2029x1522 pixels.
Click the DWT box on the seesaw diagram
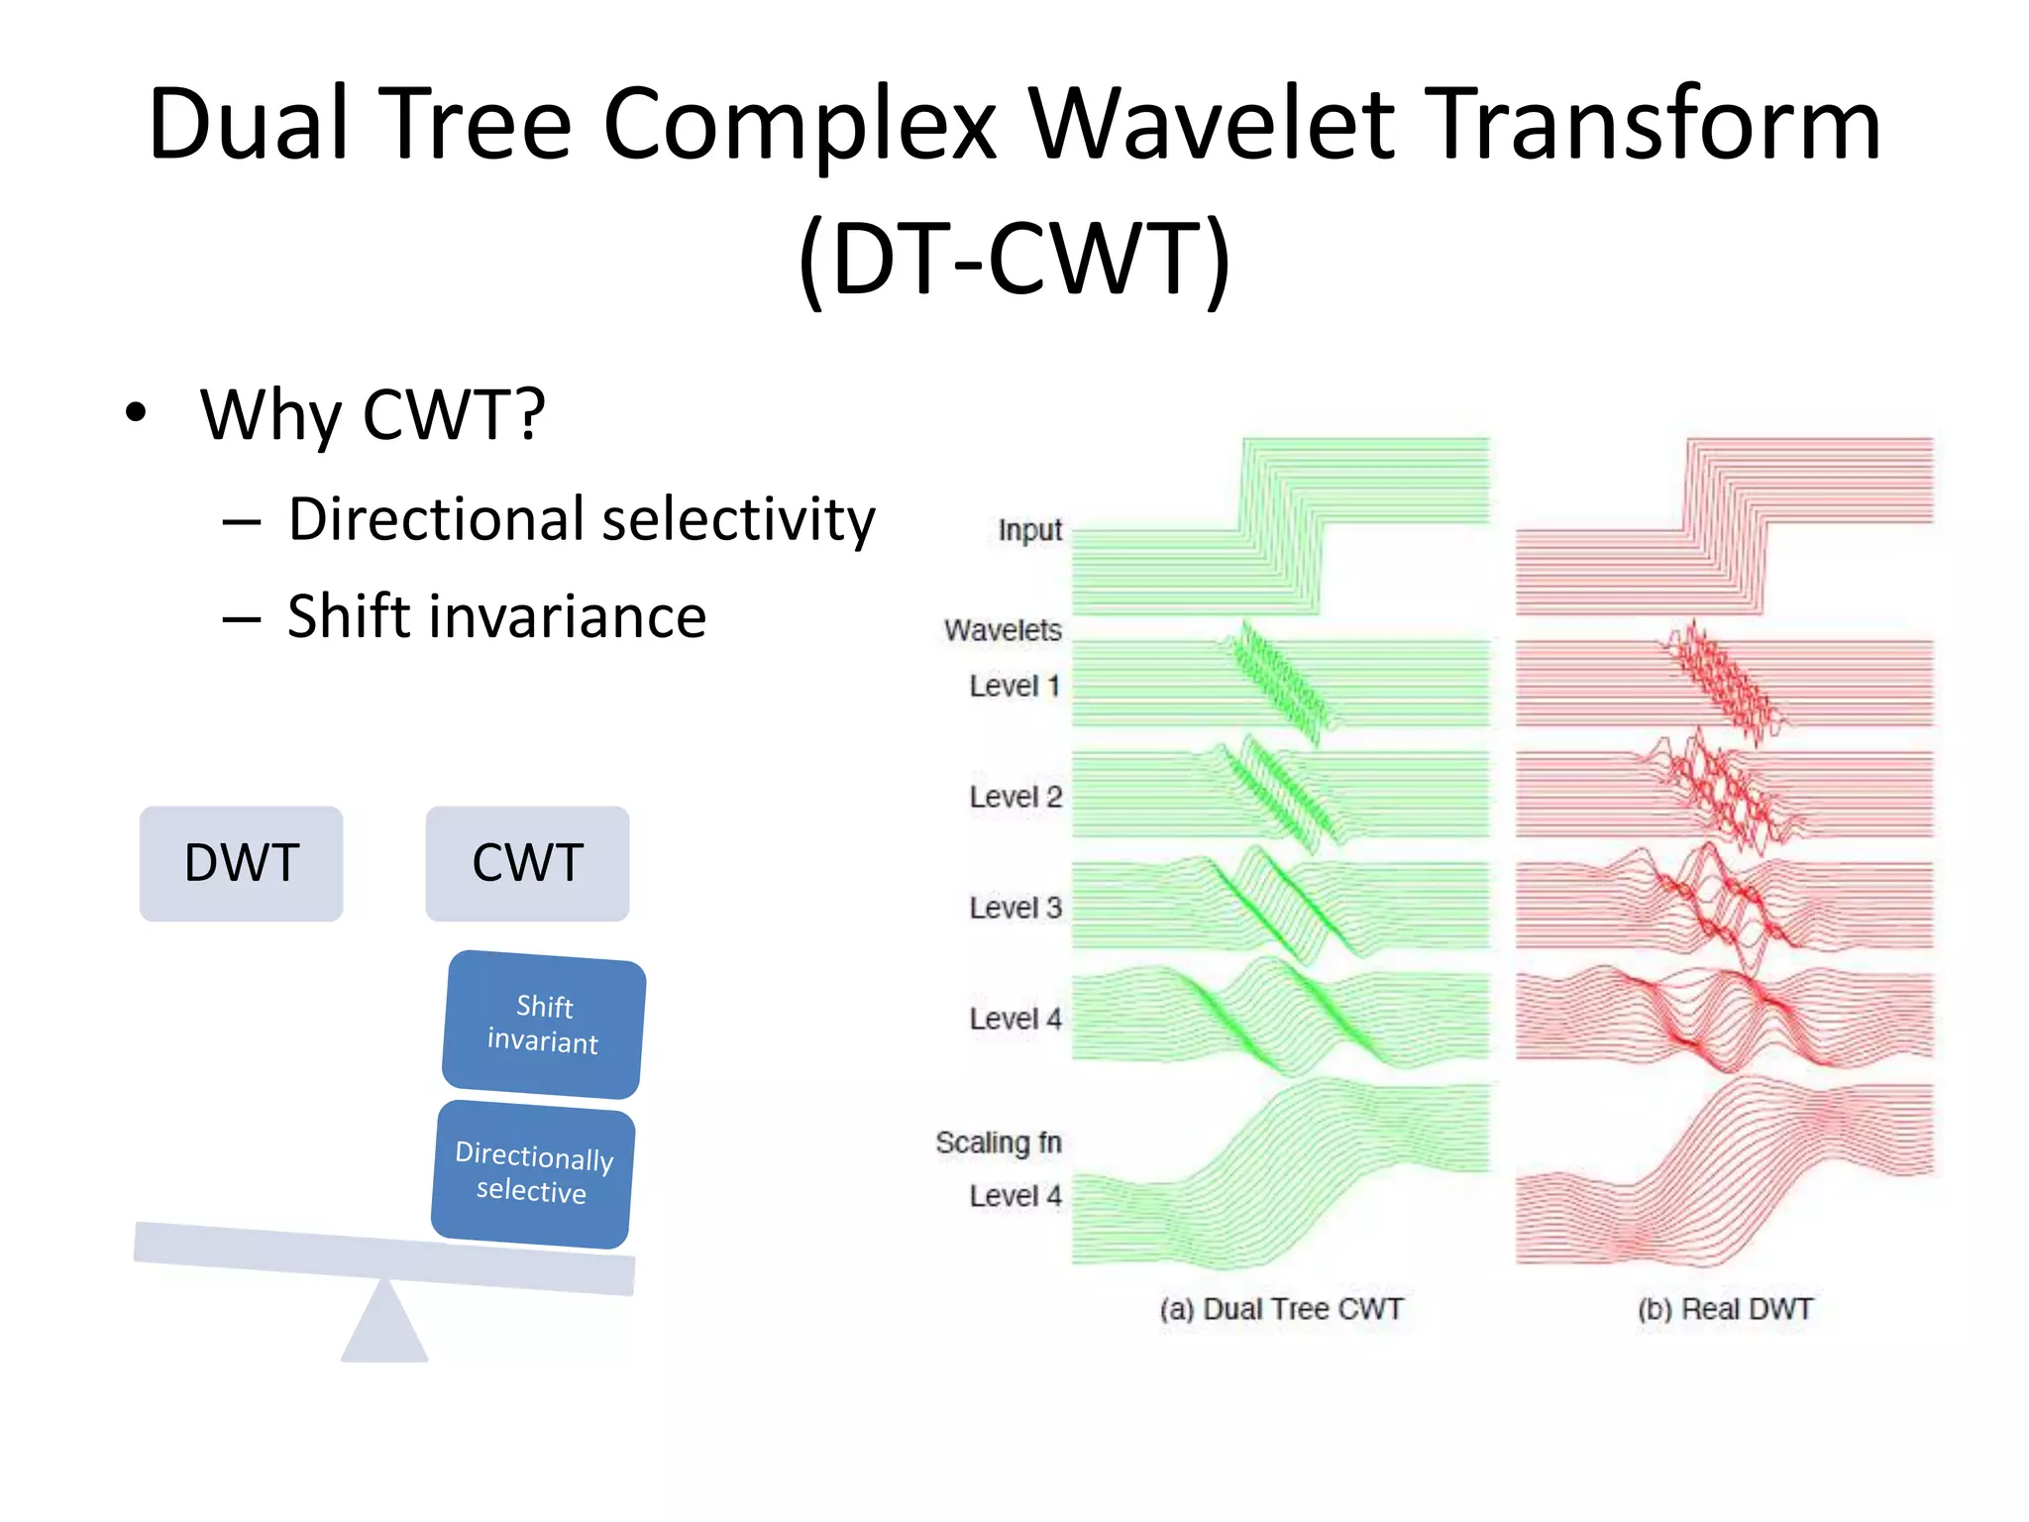241,863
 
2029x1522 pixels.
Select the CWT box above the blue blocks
527,863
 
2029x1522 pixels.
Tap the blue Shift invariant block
544,1025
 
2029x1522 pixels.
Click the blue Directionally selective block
533,1173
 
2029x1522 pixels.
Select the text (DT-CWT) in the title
1014,260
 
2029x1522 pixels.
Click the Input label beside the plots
1029,531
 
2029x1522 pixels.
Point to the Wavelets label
1003,630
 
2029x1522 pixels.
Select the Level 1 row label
1014,686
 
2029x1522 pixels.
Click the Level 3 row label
1014,908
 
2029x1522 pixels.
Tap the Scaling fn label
998,1143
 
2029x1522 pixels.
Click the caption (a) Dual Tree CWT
1281,1310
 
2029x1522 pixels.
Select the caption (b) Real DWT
1724,1310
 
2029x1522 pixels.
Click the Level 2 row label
1014,797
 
